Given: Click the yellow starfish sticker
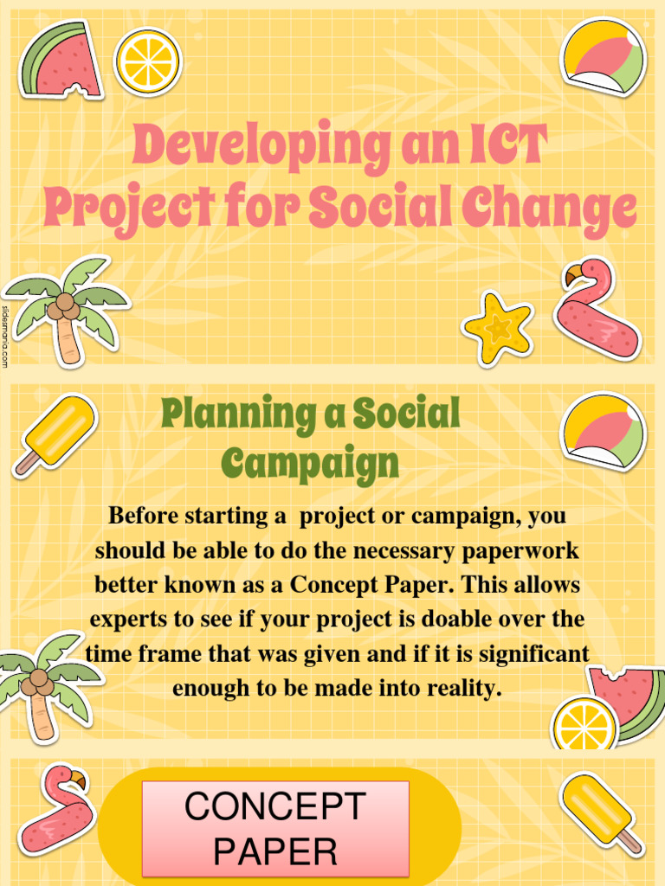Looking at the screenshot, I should point(498,328).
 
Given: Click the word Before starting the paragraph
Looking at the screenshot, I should point(145,517).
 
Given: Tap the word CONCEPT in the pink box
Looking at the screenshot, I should point(275,807).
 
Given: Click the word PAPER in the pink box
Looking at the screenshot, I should point(275,852).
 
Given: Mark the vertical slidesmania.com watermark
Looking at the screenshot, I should point(5,337).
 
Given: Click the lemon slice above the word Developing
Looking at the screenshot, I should point(148,62).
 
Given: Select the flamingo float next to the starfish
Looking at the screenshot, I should point(597,311).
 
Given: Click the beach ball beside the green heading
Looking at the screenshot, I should point(603,432).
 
